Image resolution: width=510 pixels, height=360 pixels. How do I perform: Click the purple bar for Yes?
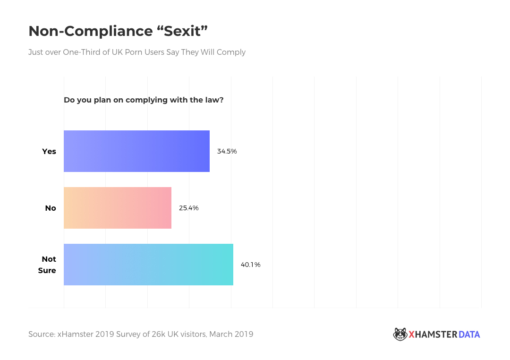(136, 151)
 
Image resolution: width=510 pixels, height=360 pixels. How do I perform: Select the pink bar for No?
(118, 208)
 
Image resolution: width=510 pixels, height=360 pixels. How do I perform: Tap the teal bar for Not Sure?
(148, 265)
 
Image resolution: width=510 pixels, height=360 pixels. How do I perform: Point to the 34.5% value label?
(227, 151)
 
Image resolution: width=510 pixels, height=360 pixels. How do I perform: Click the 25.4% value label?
(188, 208)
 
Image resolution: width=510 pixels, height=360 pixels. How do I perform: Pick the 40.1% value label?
(250, 265)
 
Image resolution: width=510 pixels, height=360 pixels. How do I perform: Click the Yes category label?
(49, 151)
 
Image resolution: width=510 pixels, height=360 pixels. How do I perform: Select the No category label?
(51, 208)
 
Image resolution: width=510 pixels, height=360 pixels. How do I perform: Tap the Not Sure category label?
(48, 265)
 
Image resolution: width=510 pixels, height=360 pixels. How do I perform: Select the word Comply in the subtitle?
(231, 52)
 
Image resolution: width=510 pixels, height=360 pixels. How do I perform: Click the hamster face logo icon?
(399, 334)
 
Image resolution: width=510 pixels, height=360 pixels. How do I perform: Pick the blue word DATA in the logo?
(469, 334)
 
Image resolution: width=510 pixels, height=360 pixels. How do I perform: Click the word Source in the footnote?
(41, 334)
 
